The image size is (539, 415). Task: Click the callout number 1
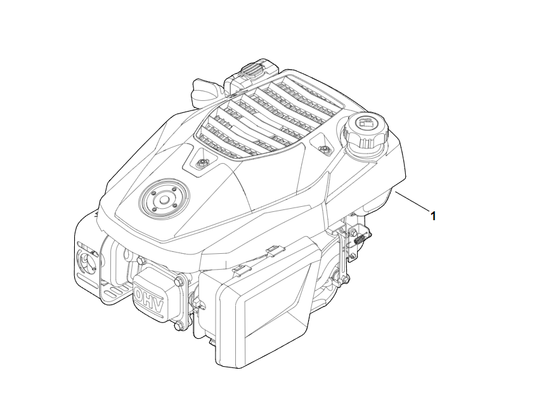(x=433, y=216)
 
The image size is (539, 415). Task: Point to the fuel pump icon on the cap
(x=365, y=122)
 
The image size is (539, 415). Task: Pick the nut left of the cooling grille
(x=200, y=164)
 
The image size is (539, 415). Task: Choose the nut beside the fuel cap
(x=323, y=149)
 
